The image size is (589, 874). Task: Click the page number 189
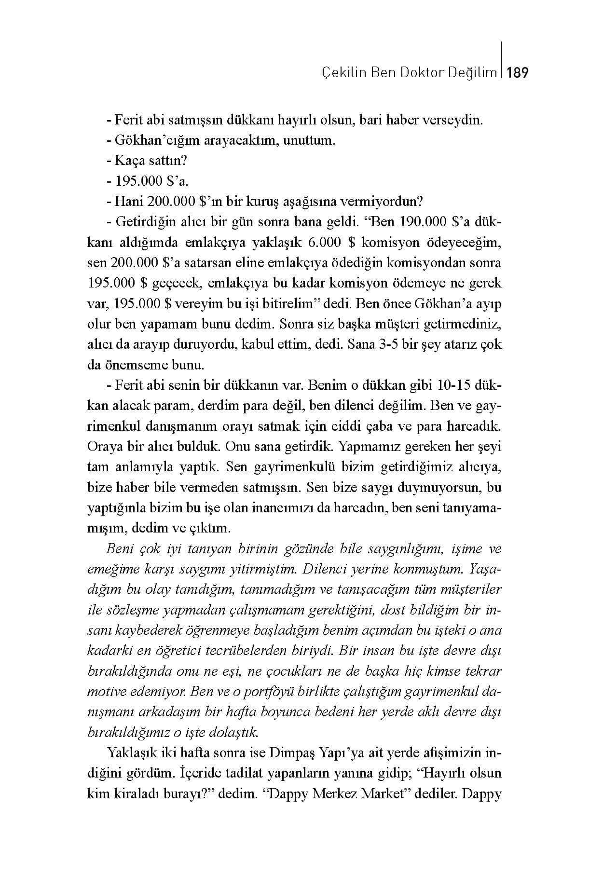(x=518, y=73)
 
